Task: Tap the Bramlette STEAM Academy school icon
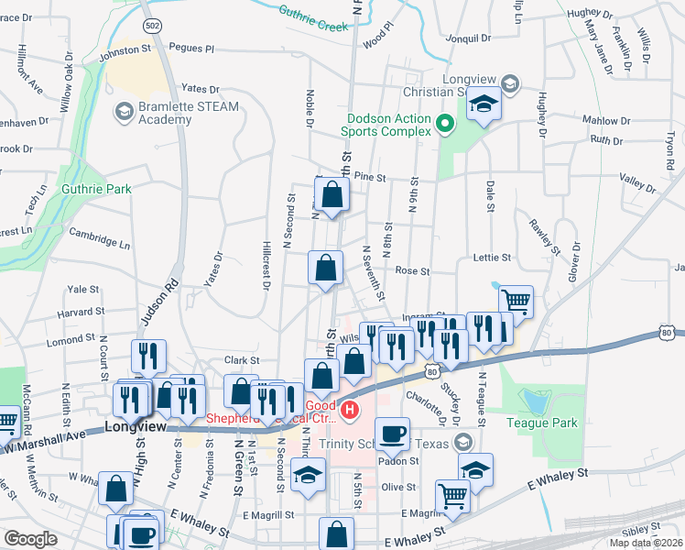click(x=123, y=113)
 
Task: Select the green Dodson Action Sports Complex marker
click(x=445, y=124)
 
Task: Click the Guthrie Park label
click(x=97, y=189)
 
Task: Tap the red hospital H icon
click(x=348, y=412)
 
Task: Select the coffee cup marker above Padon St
click(x=393, y=434)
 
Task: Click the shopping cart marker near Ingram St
click(x=516, y=301)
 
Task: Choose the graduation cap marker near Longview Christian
click(x=484, y=104)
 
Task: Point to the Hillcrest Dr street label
click(x=266, y=267)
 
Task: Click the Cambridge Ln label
click(x=100, y=238)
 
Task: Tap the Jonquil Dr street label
click(x=467, y=38)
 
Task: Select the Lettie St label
click(x=490, y=259)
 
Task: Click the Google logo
click(x=31, y=538)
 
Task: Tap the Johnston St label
click(x=125, y=50)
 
